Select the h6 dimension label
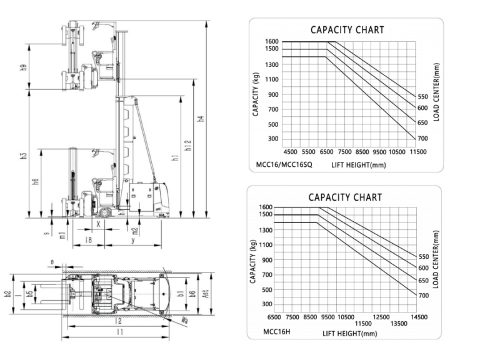pos(36,182)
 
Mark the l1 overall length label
pos(119,332)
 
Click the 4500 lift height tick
pos(291,152)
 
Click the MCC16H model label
pos(277,331)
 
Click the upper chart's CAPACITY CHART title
pos(347,30)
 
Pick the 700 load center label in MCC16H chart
pos(423,295)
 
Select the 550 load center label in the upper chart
pos(423,97)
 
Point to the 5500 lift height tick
pos(309,152)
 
